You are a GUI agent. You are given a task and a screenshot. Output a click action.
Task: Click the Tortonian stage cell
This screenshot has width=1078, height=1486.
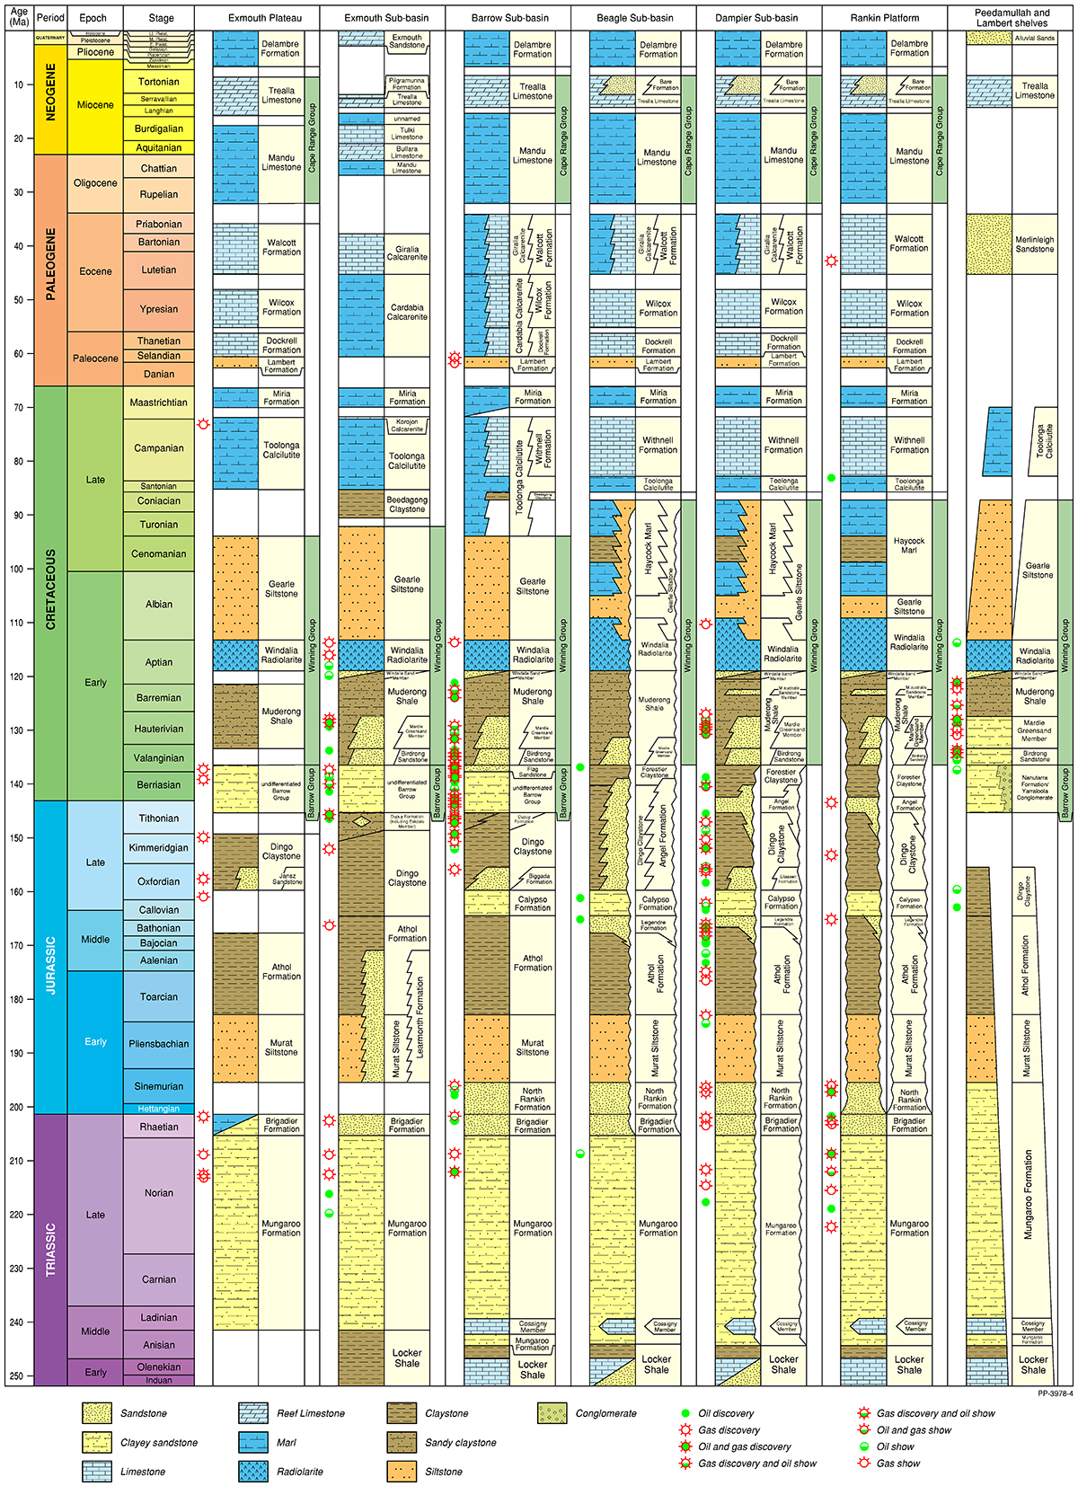(158, 82)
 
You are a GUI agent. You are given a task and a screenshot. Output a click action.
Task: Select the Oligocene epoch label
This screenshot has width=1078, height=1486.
(95, 183)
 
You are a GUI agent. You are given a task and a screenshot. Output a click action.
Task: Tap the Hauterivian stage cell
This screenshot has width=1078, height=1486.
(158, 730)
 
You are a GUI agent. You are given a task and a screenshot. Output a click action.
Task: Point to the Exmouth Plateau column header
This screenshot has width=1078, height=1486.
(265, 18)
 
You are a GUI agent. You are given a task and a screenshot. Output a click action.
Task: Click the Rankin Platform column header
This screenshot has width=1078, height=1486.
(884, 18)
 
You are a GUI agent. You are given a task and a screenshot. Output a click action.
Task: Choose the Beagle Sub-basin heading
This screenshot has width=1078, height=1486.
(633, 18)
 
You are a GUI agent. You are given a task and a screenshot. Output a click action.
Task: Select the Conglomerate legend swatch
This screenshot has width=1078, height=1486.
(552, 1413)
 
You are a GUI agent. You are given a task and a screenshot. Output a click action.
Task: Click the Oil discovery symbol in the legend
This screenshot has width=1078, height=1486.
(685, 1413)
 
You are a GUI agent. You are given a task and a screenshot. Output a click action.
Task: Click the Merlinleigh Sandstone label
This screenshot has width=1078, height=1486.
(1034, 244)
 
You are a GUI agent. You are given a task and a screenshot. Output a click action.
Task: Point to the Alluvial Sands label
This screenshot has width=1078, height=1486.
(1034, 38)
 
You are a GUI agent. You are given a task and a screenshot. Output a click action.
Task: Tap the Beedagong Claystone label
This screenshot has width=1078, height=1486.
(407, 504)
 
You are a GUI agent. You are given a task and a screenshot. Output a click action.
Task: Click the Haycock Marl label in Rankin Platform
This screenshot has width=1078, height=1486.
(909, 545)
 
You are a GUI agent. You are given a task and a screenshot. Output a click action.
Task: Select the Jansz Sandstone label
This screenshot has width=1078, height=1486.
(287, 879)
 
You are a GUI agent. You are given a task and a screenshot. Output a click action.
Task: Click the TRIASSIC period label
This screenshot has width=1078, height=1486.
(50, 1249)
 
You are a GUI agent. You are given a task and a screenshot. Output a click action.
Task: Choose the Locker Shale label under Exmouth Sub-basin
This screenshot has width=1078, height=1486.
(407, 1358)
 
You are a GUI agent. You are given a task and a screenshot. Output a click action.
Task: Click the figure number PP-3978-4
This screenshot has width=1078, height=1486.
(1054, 1393)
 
